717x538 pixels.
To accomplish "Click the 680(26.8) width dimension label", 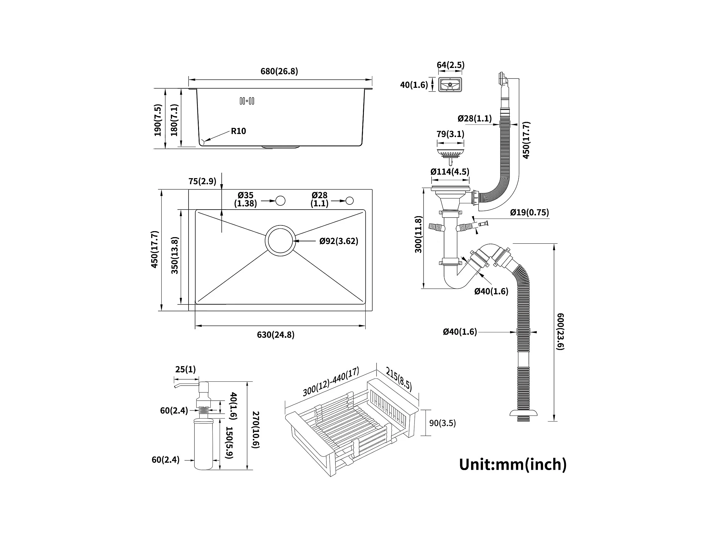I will (279, 71).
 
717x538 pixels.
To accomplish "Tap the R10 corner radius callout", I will (238, 131).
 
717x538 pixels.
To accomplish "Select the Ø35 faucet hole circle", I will (280, 201).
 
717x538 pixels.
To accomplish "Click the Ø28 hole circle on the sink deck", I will (350, 201).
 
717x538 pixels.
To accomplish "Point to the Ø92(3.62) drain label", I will (339, 241).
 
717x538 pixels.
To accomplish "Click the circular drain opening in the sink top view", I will (280, 241).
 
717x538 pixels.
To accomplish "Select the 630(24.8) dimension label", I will (276, 334).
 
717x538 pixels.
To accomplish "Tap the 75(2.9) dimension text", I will (202, 181).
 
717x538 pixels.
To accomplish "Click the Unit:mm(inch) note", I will (513, 464).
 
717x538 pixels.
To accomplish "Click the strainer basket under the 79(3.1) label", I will (450, 152).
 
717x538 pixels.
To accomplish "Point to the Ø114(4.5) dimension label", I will (450, 172).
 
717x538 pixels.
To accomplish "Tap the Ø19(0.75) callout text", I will (529, 212).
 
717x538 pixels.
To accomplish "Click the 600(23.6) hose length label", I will (560, 331).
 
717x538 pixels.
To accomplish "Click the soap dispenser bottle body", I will (203, 444).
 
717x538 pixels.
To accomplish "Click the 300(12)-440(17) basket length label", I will (331, 381).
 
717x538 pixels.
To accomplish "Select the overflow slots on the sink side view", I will (247, 101).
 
